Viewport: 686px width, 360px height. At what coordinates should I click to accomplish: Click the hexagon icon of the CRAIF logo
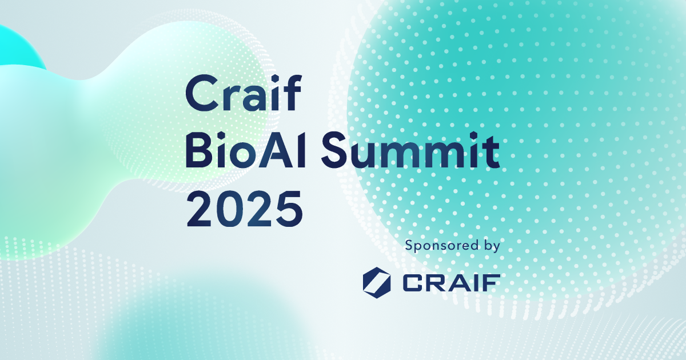pos(377,282)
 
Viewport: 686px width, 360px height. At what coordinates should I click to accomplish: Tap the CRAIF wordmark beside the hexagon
pos(451,282)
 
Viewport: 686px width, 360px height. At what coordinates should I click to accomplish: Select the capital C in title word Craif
pos(200,95)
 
